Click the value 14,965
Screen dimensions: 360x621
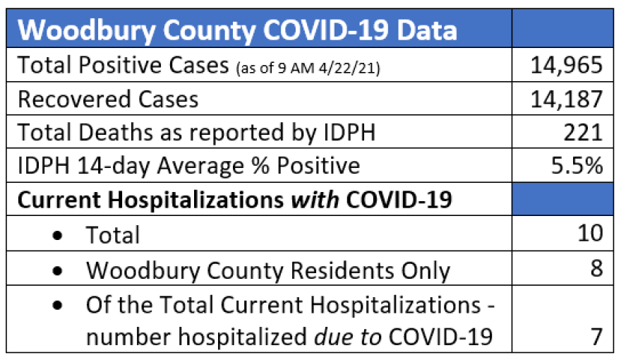[x=567, y=66]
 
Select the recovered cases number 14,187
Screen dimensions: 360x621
[x=567, y=99]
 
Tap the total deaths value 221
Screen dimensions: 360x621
[x=584, y=132]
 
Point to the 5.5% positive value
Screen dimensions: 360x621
[x=577, y=165]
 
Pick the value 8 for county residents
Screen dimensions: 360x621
[x=597, y=269]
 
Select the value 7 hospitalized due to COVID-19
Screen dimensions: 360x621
[x=597, y=337]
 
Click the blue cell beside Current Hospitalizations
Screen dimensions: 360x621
[x=561, y=199]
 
